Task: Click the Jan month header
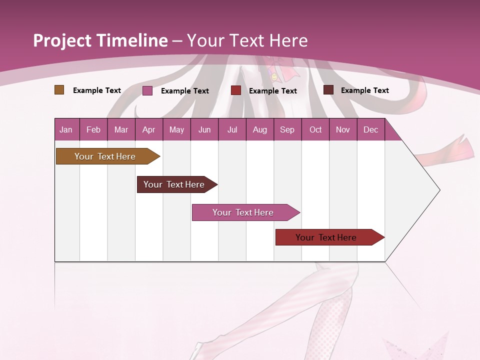tap(66, 129)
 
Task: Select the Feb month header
tap(93, 129)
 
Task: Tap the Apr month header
tap(148, 129)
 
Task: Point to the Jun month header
tap(204, 129)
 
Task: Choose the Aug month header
tap(259, 129)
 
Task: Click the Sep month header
tap(287, 129)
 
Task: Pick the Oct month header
tap(315, 129)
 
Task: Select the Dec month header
tap(370, 129)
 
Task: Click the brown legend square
tap(59, 90)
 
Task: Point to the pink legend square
tap(147, 90)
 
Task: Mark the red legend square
tap(236, 90)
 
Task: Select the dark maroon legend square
tap(328, 90)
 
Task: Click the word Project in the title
tap(62, 40)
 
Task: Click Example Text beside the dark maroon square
tap(364, 90)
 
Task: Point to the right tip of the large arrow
tap(439, 189)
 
